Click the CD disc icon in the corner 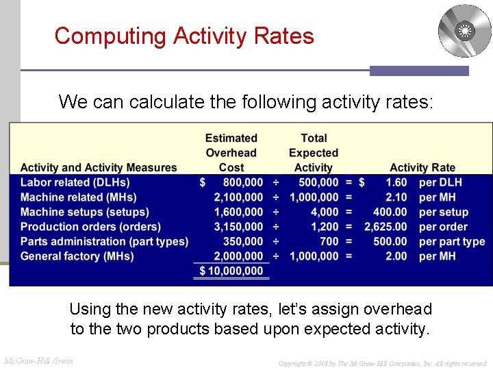(464, 31)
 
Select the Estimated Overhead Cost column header (231, 153)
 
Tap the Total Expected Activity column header (314, 153)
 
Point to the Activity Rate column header (422, 167)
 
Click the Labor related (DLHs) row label (75, 182)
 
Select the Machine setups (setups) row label (84, 212)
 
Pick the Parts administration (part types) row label (104, 241)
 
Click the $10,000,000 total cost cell (231, 271)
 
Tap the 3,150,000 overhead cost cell (238, 227)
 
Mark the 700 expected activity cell (329, 241)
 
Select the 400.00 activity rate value (390, 212)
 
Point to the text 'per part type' (452, 241)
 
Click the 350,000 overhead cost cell (243, 241)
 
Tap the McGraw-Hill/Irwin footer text (39, 360)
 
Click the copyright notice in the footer (382, 362)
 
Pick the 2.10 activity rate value (396, 197)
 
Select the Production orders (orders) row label (90, 227)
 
